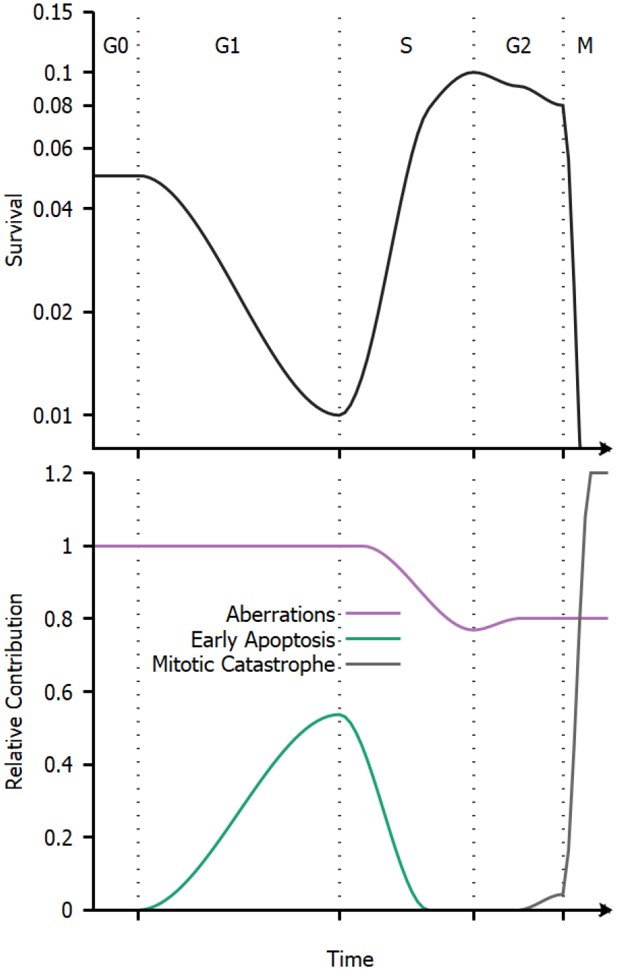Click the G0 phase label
point(115,46)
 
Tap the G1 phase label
point(227,46)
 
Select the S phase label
point(406,46)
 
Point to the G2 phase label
point(518,46)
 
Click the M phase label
point(585,46)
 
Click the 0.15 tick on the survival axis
point(53,13)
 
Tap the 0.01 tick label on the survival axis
point(53,415)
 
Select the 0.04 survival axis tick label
point(53,208)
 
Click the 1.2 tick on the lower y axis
point(58,474)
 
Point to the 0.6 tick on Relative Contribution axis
point(58,691)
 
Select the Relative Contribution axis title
point(14,691)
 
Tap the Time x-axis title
point(350,958)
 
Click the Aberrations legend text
point(281,614)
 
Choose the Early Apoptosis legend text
point(263,640)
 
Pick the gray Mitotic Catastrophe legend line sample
point(373,664)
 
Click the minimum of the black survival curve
point(338,415)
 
